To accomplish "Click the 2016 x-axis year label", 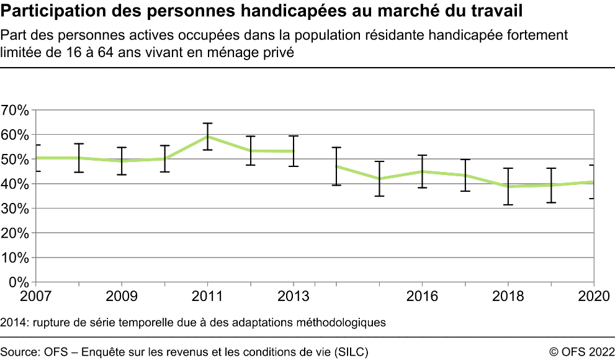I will pos(422,295).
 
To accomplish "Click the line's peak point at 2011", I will pos(208,137).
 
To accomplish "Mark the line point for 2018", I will pos(508,186).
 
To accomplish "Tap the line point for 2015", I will pos(379,179).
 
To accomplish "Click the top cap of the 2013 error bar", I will pos(294,136).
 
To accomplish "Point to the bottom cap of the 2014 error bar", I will pos(336,185).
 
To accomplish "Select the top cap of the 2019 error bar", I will pos(550,168).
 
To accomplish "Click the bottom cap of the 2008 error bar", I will pos(79,172).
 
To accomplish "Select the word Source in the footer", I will pos(19,352).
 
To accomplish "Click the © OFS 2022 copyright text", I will pos(581,352).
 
